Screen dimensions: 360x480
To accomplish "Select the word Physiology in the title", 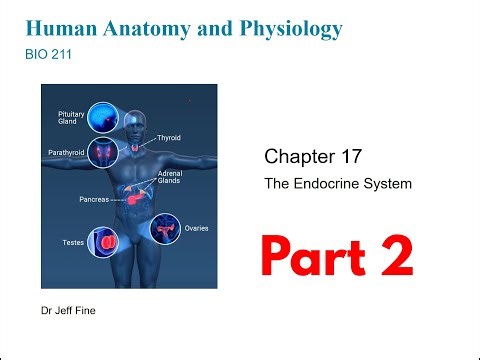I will click(289, 28).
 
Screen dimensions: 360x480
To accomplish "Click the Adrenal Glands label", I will click(170, 177).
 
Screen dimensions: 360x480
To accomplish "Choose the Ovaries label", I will click(197, 228).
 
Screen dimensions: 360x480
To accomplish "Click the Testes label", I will click(63, 242).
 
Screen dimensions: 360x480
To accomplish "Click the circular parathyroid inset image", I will click(105, 153).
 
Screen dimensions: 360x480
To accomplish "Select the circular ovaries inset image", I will click(163, 230).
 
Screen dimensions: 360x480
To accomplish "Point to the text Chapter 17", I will click(307, 157).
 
